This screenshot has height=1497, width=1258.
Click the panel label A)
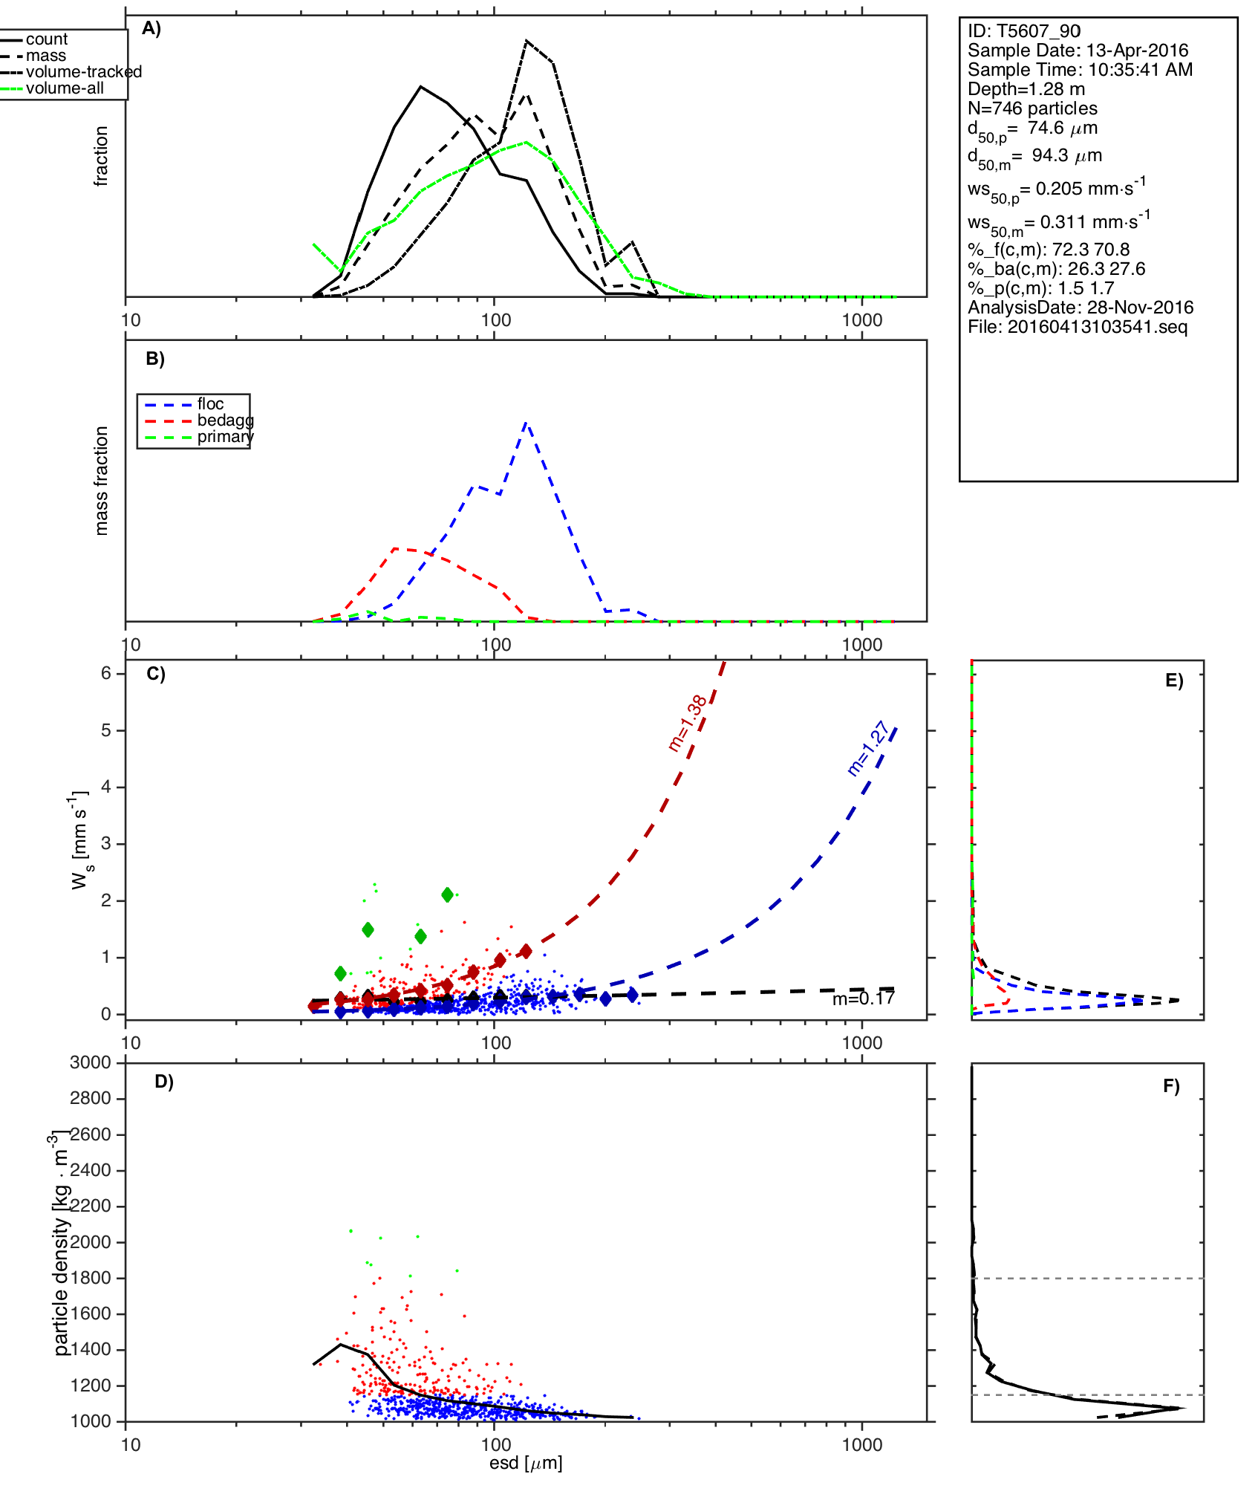tap(151, 28)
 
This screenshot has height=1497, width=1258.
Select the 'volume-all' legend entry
tap(65, 88)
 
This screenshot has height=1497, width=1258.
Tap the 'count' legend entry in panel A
tap(46, 39)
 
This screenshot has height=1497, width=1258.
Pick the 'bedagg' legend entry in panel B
tap(225, 420)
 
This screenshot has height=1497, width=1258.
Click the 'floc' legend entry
tap(210, 404)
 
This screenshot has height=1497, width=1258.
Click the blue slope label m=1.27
tap(867, 748)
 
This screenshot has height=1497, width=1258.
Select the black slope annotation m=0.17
tap(863, 999)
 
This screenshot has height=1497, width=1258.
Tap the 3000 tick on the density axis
tap(91, 1062)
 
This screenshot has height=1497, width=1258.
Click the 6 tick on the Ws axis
tap(106, 673)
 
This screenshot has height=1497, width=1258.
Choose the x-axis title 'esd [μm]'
tap(526, 1463)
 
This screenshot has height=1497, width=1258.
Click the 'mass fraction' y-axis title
tap(102, 480)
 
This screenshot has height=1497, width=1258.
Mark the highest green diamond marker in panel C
tap(447, 894)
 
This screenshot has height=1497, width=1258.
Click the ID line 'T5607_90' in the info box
tap(1023, 31)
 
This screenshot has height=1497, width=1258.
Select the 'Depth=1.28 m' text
tap(1026, 89)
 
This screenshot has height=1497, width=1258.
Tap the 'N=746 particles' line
tap(1032, 108)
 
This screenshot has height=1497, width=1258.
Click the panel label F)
tap(1171, 1086)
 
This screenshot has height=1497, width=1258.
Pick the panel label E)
tap(1174, 681)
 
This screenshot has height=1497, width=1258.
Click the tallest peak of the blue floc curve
tap(526, 423)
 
